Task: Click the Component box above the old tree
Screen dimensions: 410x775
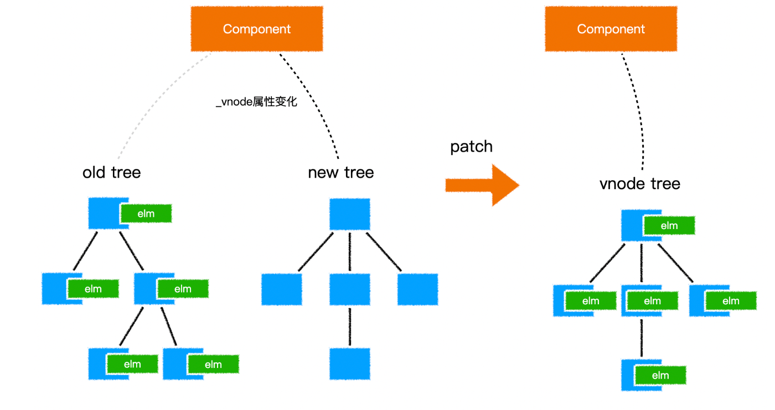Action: [257, 29]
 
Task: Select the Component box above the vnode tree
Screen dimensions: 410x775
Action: [611, 29]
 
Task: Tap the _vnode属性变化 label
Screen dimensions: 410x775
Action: [256, 102]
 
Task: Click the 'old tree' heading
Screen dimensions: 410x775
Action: [112, 173]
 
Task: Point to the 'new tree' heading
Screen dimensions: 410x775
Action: [340, 173]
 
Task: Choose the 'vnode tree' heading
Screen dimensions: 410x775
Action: [640, 183]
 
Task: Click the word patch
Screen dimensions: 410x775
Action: [471, 147]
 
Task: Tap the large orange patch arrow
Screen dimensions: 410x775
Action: [482, 185]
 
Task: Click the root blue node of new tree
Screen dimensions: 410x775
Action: [350, 214]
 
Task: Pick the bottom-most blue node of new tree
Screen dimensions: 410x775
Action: [350, 364]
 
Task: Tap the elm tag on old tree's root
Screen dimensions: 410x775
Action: [146, 214]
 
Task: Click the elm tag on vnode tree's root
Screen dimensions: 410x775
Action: [669, 226]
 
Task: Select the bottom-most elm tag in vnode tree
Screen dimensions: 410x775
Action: [660, 376]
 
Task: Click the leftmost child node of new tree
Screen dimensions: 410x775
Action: [282, 289]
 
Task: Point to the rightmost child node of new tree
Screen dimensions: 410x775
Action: [417, 289]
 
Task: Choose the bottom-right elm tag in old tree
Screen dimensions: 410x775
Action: [213, 365]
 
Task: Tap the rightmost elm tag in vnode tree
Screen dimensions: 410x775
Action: [731, 301]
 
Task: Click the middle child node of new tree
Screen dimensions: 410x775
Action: [350, 289]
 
